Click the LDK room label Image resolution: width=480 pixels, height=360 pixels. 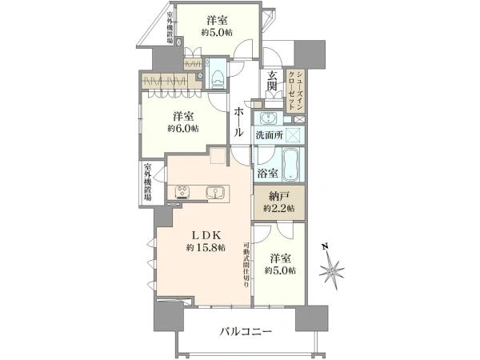click(x=206, y=234)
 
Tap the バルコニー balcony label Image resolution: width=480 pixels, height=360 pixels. click(x=246, y=331)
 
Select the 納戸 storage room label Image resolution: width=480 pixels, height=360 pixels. click(x=279, y=196)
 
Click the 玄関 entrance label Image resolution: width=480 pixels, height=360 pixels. click(x=271, y=81)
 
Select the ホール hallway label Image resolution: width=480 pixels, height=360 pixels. click(x=239, y=122)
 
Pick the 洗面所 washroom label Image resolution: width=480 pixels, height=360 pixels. click(x=269, y=134)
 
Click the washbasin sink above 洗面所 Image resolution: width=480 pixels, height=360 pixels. click(x=269, y=118)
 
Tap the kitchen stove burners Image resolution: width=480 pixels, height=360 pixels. click(x=183, y=192)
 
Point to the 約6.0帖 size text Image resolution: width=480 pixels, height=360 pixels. click(x=183, y=129)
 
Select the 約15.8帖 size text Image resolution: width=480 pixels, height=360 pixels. click(x=206, y=247)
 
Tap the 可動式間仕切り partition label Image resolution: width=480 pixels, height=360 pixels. click(x=246, y=265)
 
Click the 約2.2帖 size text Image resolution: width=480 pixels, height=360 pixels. click(x=279, y=209)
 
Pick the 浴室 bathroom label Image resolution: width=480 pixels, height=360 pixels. click(x=268, y=174)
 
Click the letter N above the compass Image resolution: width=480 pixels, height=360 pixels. click(x=326, y=246)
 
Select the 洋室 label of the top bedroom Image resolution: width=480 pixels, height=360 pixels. click(x=217, y=21)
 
